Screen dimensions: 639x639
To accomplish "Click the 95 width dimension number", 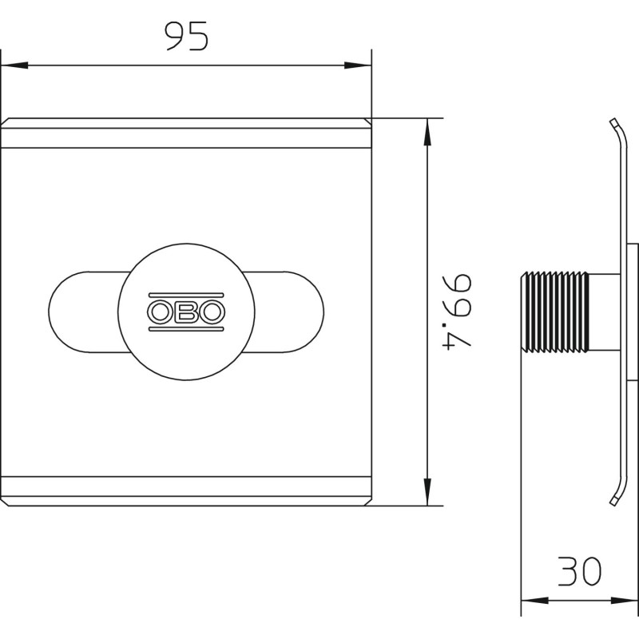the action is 187,36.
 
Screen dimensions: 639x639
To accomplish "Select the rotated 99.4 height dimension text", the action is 457,312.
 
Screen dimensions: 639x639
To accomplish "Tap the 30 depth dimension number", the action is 580,571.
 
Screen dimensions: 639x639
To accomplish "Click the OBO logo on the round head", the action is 186,312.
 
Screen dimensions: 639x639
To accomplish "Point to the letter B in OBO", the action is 186,312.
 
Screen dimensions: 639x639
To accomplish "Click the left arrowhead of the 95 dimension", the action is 14,65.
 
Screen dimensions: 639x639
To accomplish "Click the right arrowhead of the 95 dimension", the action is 358,65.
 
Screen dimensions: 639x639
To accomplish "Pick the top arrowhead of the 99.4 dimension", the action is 427,132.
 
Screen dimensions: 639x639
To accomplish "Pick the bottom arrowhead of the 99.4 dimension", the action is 427,492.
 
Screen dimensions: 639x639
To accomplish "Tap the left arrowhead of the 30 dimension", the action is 534,601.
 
